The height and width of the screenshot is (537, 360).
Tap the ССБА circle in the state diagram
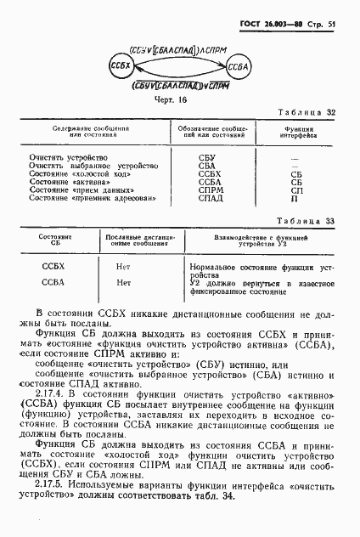(237, 67)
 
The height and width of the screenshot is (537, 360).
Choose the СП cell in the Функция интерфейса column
(295, 190)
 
